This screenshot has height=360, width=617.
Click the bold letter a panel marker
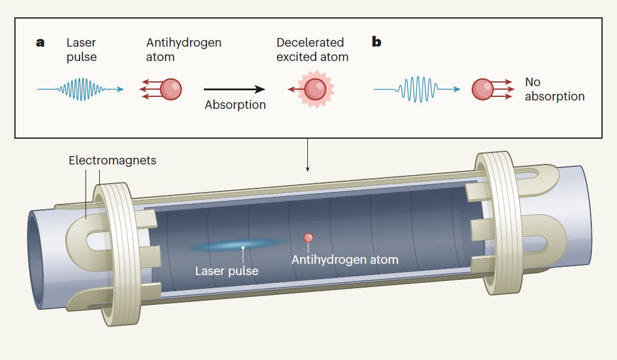[40, 42]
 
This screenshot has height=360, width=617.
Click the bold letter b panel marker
[377, 42]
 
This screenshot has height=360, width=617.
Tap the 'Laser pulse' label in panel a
[81, 50]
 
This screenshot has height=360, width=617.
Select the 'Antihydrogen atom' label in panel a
[184, 50]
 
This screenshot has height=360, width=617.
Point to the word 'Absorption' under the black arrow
[235, 105]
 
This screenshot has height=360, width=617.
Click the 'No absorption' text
[554, 89]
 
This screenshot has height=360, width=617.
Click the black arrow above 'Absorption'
[234, 89]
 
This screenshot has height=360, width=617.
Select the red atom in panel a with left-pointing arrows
[171, 89]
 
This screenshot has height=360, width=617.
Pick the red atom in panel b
[482, 89]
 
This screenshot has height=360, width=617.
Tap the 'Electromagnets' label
[112, 160]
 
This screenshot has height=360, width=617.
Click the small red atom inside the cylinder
[308, 237]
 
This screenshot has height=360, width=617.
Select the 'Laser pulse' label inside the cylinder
[227, 271]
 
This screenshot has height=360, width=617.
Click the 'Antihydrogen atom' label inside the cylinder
[344, 260]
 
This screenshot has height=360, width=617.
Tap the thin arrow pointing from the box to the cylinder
[308, 155]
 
